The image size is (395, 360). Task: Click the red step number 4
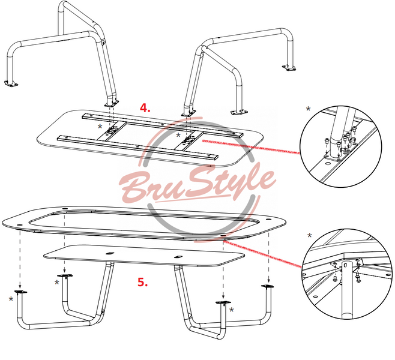145,108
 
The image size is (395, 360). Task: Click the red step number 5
143,282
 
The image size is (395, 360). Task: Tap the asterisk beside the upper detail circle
308,109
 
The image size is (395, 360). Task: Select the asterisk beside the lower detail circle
310,236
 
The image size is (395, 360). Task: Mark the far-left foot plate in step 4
11,83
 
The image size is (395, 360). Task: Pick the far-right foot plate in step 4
289,68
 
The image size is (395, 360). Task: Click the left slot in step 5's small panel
110,253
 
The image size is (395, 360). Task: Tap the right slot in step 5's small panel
178,257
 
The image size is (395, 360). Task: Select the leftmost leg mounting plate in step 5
20,292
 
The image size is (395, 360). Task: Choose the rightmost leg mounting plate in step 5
267,286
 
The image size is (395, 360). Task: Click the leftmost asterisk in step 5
11,299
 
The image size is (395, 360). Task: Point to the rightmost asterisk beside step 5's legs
231,310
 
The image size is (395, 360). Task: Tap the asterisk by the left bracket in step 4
100,127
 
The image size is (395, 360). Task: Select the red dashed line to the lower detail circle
262,254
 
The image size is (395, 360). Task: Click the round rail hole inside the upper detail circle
328,164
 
